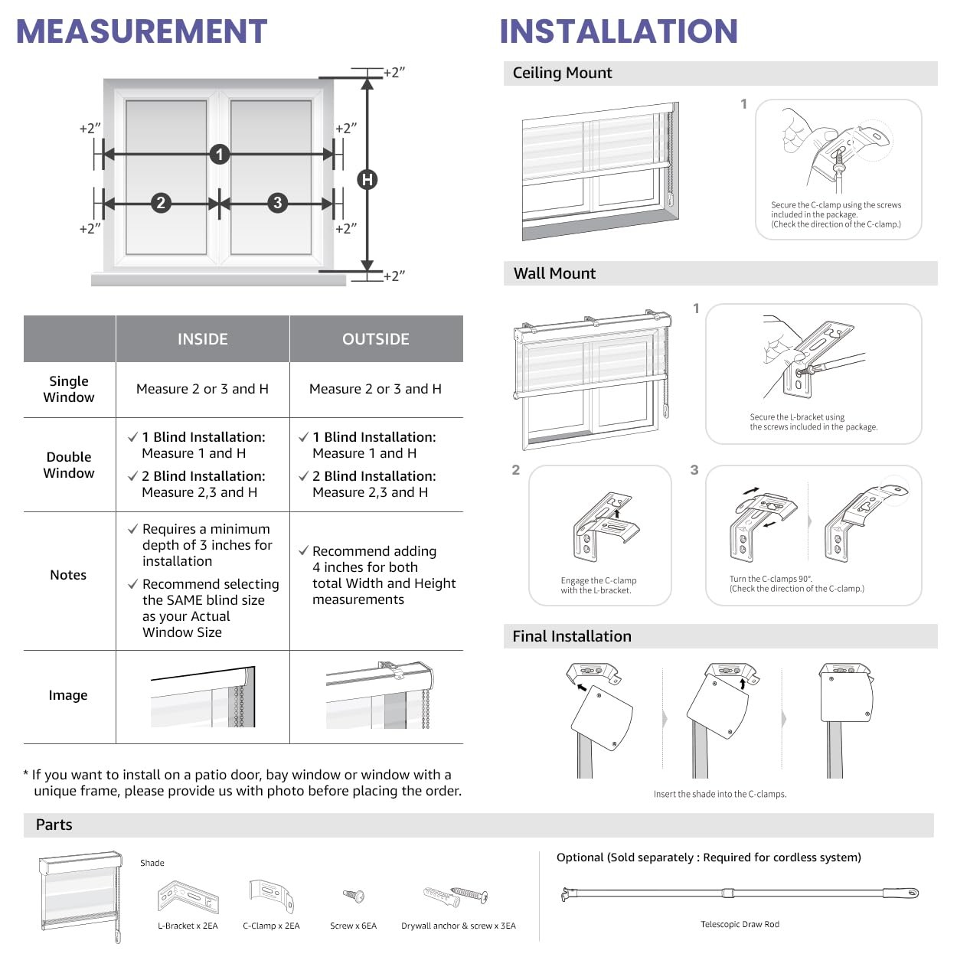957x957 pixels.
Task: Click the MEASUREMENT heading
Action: pyautogui.click(x=142, y=31)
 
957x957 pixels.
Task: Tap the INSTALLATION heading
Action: pyautogui.click(x=619, y=31)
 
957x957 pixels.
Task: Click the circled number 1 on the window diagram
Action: pyautogui.click(x=220, y=155)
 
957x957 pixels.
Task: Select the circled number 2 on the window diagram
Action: pyautogui.click(x=161, y=203)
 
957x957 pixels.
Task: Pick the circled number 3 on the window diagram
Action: pyautogui.click(x=278, y=203)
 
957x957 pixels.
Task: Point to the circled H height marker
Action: pyautogui.click(x=367, y=179)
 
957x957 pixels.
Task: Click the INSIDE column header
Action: pyautogui.click(x=203, y=338)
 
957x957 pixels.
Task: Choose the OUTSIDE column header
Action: pyautogui.click(x=375, y=338)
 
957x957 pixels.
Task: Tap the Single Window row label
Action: pyautogui.click(x=69, y=389)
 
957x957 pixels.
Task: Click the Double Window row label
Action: pyautogui.click(x=69, y=465)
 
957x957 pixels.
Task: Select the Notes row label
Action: pyautogui.click(x=68, y=575)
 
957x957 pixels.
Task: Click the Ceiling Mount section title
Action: pyautogui.click(x=562, y=73)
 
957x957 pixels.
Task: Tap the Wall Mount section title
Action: pyautogui.click(x=554, y=273)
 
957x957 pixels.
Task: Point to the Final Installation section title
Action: pyautogui.click(x=572, y=636)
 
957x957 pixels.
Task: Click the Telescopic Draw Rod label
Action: pyautogui.click(x=740, y=924)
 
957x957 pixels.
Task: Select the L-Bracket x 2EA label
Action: pyautogui.click(x=188, y=926)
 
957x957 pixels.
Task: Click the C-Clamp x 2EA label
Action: pyautogui.click(x=271, y=926)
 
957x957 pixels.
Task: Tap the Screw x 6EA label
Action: pyautogui.click(x=353, y=926)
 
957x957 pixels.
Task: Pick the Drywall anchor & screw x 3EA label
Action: pyautogui.click(x=459, y=926)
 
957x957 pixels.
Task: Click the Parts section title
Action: pyautogui.click(x=54, y=825)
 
